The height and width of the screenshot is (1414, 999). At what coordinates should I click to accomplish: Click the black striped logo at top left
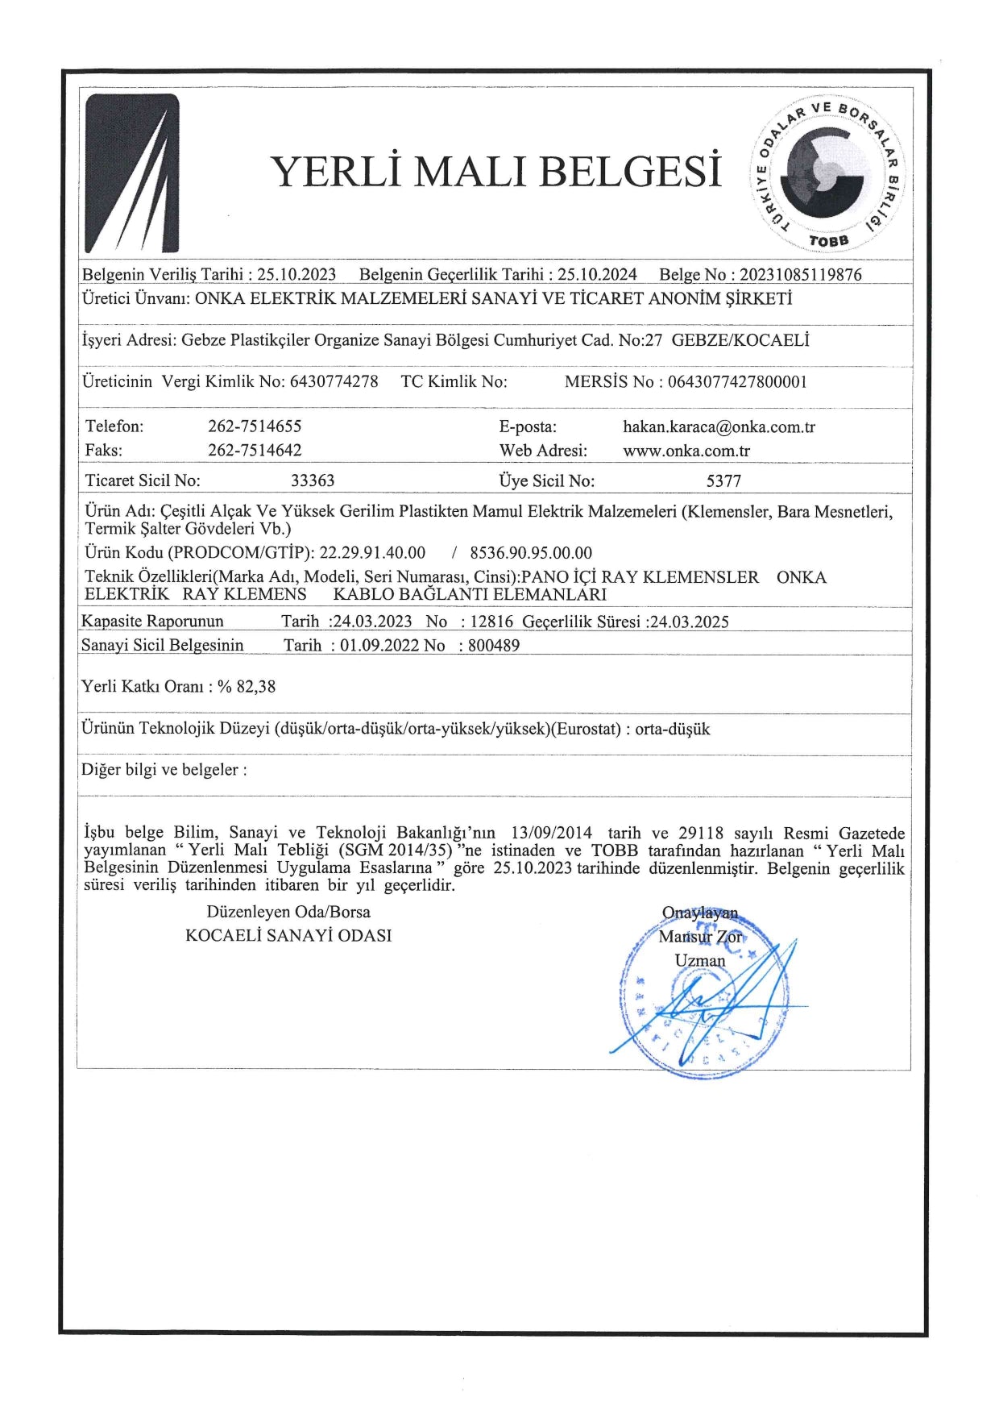click(132, 173)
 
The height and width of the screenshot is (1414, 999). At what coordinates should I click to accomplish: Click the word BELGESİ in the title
click(630, 172)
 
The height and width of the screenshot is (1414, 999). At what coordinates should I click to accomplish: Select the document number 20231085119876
click(800, 275)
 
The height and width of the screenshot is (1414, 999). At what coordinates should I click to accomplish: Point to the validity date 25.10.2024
click(597, 275)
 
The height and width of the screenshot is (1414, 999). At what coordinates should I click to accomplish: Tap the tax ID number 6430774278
click(334, 381)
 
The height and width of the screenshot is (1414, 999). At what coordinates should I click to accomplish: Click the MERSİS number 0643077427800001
click(737, 382)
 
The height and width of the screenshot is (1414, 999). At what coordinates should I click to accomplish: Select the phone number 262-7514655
click(255, 426)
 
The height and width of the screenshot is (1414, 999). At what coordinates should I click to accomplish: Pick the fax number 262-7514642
click(255, 451)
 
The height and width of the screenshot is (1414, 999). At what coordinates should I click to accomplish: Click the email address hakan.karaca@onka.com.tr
click(719, 427)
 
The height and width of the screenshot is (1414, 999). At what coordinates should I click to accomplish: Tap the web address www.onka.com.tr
click(686, 451)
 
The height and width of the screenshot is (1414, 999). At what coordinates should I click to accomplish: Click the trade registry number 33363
click(313, 481)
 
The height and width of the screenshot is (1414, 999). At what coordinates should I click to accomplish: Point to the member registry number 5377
click(723, 481)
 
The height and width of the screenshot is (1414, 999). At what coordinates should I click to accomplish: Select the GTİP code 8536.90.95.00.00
click(531, 553)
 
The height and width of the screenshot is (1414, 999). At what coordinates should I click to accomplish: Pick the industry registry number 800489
click(494, 646)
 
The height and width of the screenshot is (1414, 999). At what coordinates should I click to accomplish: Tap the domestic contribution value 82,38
click(256, 687)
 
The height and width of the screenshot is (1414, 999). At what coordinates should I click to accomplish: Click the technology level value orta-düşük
click(673, 730)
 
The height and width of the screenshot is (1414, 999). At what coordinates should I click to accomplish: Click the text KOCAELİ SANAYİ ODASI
click(288, 936)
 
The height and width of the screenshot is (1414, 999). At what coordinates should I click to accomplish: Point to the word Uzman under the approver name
click(700, 961)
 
